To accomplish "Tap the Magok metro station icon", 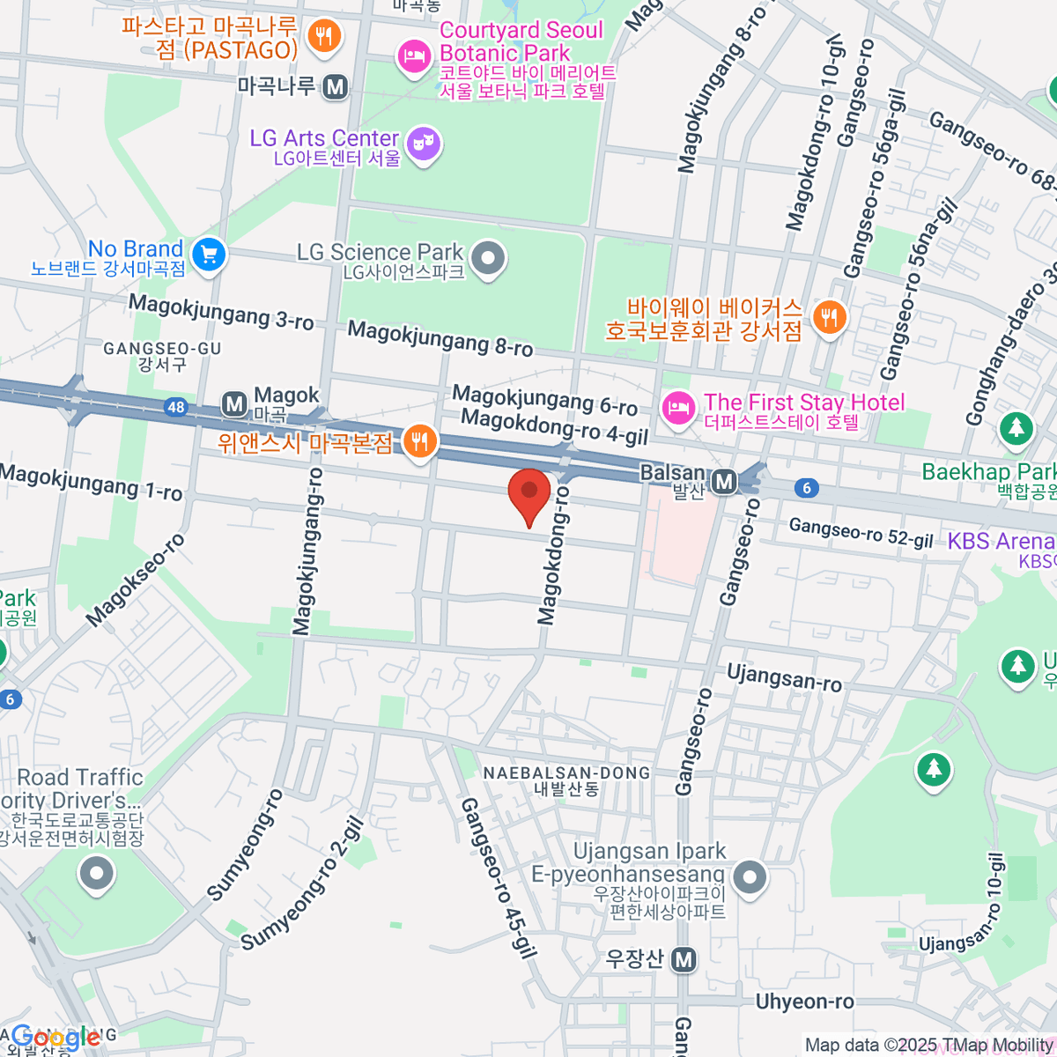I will click(234, 404).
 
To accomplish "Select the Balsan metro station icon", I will click(724, 482).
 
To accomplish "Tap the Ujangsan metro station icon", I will click(684, 960).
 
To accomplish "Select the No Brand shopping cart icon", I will click(209, 256).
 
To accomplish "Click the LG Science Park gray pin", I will click(487, 259).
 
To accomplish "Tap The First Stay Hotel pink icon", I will click(676, 409).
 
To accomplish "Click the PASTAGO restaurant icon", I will click(325, 36).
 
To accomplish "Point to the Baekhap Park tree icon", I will click(1016, 429).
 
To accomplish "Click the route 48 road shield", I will click(176, 406).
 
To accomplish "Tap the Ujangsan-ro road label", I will click(783, 677).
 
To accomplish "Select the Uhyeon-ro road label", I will click(804, 1002).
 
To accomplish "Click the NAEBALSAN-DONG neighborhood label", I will click(566, 773).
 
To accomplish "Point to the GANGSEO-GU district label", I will click(162, 349).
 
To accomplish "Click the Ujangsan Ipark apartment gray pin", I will click(750, 877).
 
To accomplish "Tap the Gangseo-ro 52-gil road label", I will click(860, 533).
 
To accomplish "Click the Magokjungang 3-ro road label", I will click(221, 313).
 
